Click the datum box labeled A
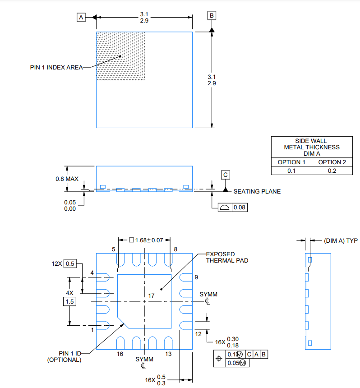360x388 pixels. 81,18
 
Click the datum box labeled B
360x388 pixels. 212,15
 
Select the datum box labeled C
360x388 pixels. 226,175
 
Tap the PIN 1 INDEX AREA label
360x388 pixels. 56,67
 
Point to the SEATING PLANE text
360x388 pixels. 257,192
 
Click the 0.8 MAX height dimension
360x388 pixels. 67,179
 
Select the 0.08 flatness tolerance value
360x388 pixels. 240,208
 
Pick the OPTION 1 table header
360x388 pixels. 291,162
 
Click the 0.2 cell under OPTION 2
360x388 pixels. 332,171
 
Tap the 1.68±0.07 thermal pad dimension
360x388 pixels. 146,240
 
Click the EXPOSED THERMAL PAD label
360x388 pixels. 227,257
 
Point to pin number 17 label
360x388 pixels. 151,296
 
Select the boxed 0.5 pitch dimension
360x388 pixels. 70,263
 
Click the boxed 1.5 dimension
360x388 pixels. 69,301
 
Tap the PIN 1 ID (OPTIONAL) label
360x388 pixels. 65,356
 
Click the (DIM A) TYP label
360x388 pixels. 341,241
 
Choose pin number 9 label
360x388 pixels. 196,277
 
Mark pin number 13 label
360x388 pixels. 168,354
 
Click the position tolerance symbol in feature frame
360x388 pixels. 219,358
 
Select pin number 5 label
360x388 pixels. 114,249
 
